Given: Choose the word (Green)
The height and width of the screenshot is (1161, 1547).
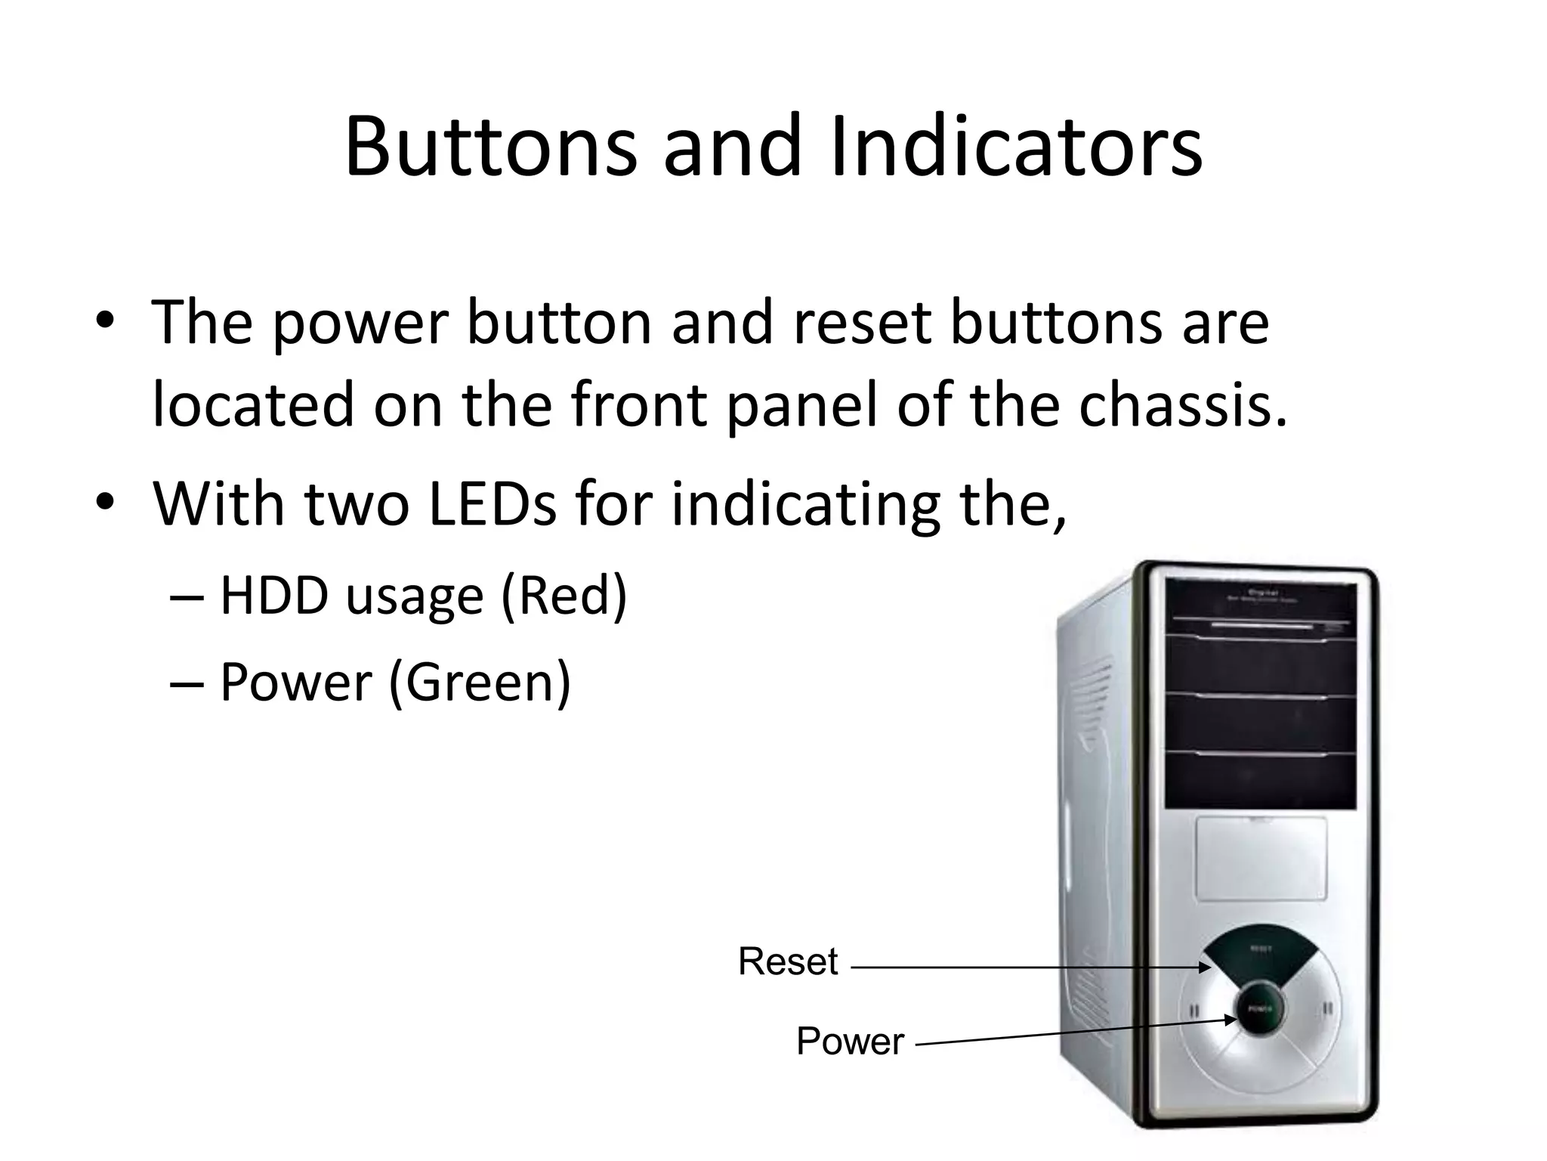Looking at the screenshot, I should coord(480,683).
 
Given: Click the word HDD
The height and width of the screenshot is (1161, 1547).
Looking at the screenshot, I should coord(274,596).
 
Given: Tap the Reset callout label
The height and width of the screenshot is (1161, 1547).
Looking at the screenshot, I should coord(788,962).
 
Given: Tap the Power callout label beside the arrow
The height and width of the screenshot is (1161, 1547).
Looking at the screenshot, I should coord(850,1042).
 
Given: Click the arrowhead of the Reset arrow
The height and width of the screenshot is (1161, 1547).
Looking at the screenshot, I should coord(1206,967).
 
